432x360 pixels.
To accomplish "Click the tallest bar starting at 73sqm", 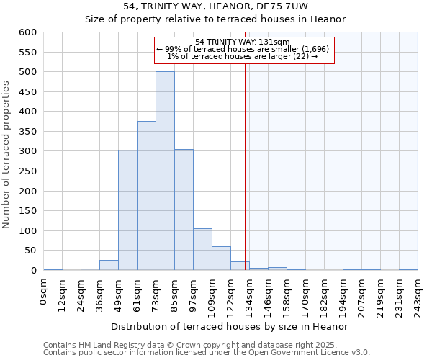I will [x=165, y=171].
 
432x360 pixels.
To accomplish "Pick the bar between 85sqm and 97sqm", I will [x=184, y=210].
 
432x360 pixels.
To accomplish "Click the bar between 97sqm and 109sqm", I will [x=202, y=249].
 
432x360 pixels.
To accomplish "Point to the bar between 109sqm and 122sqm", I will [x=221, y=258].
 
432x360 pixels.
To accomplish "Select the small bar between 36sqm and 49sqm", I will [x=109, y=265].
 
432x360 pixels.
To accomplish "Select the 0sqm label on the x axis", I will [x=44, y=291].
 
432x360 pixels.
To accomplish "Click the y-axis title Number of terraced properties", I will [x=7, y=155].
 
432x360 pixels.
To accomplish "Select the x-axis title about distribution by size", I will [x=230, y=326].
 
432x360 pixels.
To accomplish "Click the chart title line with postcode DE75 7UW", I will [x=215, y=6].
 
